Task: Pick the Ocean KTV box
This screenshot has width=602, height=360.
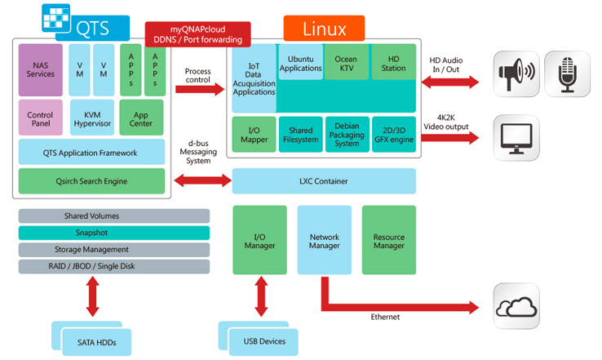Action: (x=347, y=63)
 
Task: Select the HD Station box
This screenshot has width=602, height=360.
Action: (x=393, y=63)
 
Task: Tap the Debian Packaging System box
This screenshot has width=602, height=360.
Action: (x=347, y=136)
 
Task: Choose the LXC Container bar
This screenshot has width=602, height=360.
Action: (x=324, y=181)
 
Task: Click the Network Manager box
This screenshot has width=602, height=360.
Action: (x=324, y=239)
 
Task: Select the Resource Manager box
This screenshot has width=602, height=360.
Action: (x=388, y=239)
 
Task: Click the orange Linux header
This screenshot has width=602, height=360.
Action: (x=324, y=29)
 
